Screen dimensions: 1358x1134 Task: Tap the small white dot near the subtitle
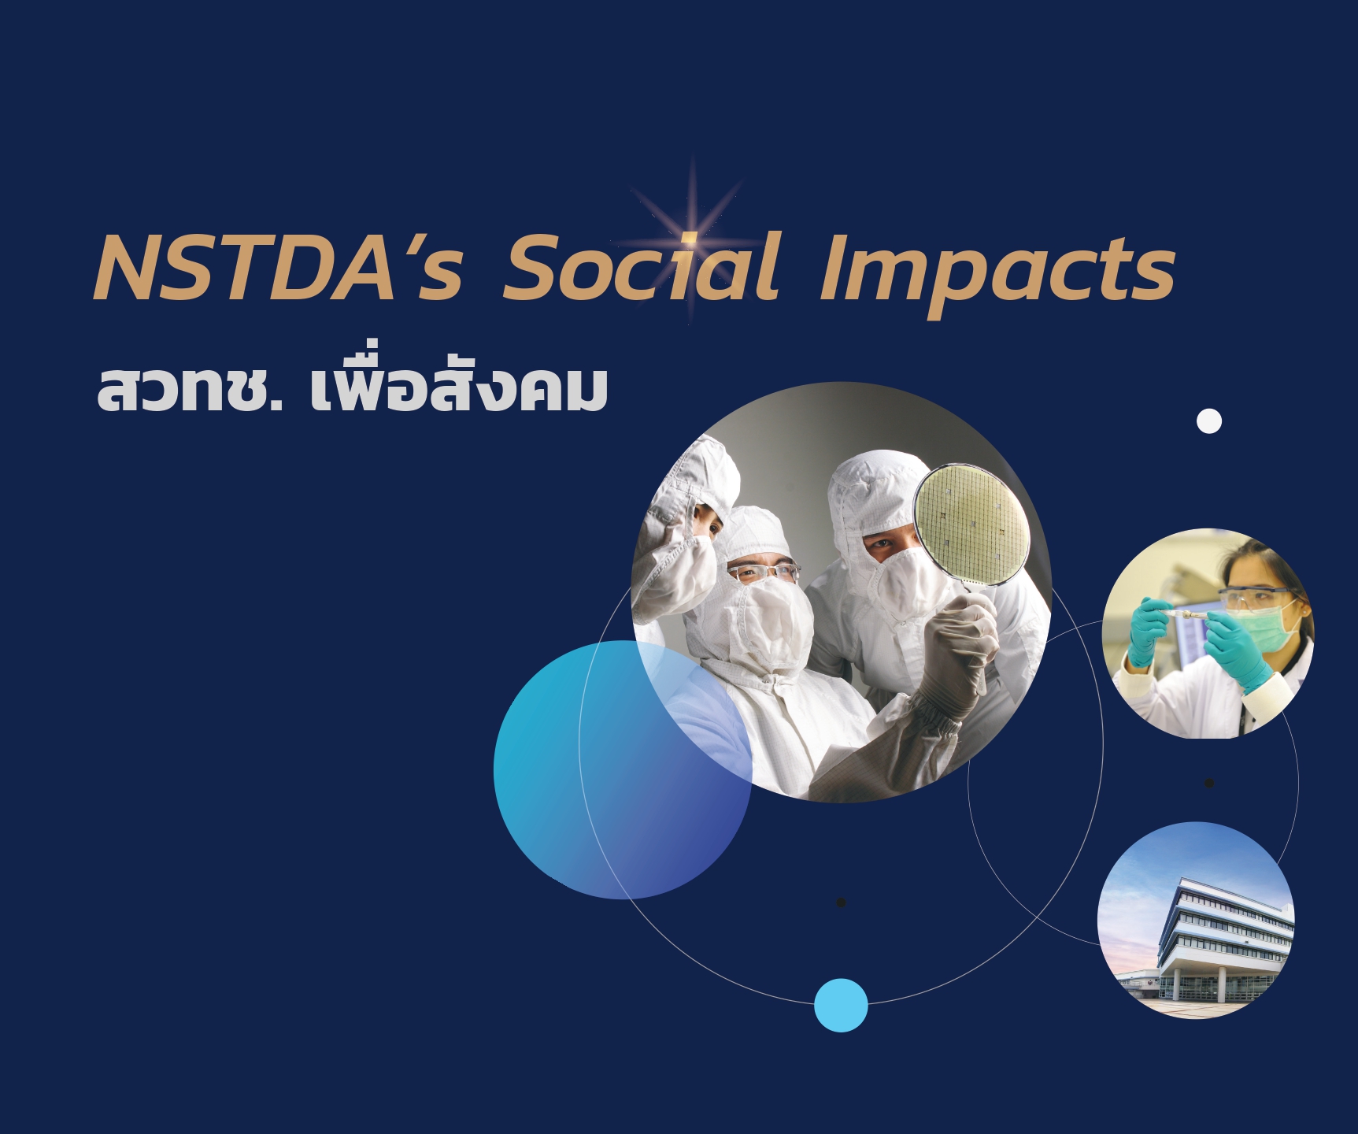(1209, 421)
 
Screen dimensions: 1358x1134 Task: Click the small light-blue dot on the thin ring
(841, 1005)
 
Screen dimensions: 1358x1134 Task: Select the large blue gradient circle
(622, 769)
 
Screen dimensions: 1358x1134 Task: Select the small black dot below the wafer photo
(841, 902)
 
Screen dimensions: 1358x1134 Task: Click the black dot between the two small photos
(1209, 783)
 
